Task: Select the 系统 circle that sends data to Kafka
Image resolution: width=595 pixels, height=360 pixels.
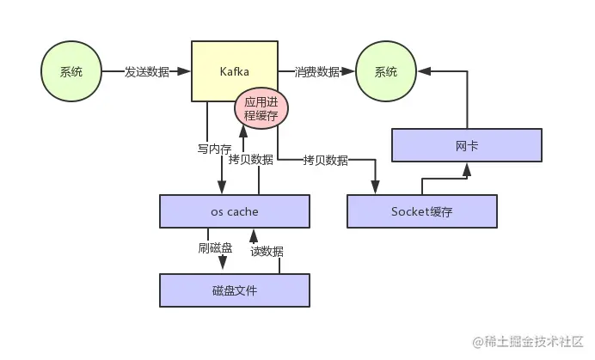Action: (x=71, y=72)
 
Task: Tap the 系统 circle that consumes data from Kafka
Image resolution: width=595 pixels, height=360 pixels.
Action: (x=386, y=72)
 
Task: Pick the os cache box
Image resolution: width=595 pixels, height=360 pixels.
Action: (x=235, y=211)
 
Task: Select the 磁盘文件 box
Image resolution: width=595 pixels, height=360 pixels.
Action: (x=235, y=290)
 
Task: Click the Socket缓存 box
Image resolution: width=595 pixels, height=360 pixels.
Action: (x=421, y=211)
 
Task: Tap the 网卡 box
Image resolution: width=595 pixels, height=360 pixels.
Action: (x=467, y=145)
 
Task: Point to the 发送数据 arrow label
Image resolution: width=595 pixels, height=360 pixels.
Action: (x=147, y=72)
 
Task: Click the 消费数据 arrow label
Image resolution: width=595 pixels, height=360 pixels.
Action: (x=316, y=72)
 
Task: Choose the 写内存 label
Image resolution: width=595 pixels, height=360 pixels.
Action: (x=214, y=149)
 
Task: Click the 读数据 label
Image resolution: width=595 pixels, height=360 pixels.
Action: (x=267, y=251)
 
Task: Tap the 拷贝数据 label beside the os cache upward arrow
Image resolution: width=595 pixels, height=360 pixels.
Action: (x=251, y=160)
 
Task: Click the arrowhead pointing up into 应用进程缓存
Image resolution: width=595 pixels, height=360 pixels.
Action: (x=244, y=131)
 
